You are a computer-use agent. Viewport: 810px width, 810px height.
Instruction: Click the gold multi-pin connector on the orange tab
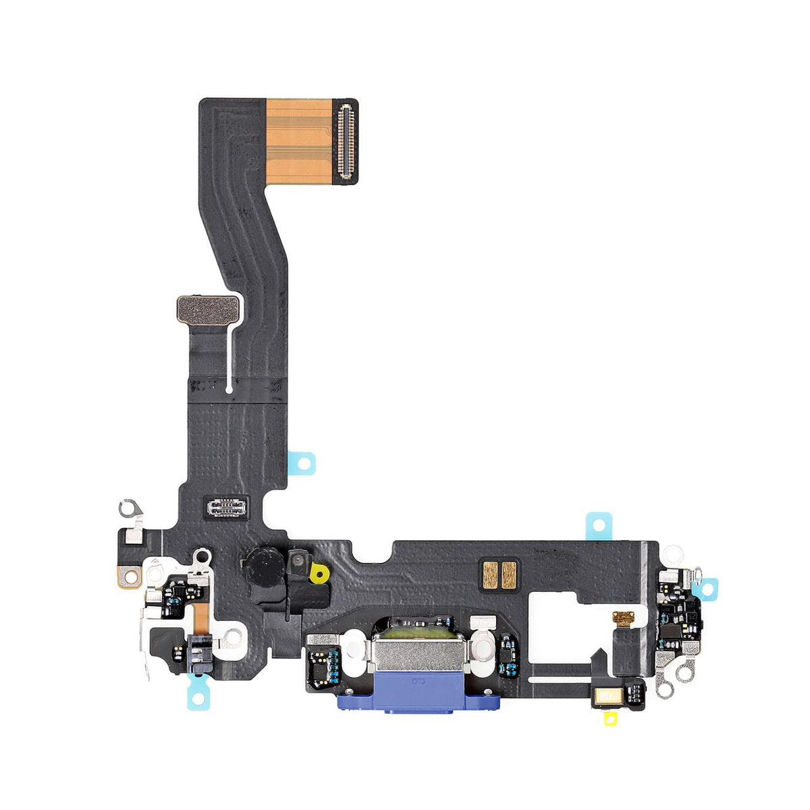click(346, 132)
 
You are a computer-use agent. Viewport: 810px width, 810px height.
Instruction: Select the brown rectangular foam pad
click(208, 309)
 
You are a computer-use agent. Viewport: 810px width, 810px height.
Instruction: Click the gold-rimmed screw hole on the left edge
click(130, 576)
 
